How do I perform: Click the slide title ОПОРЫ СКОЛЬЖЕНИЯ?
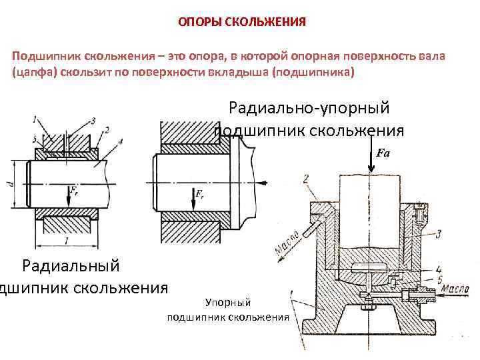241,22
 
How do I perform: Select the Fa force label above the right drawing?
383,153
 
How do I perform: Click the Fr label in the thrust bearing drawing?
199,194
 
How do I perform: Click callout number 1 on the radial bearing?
34,119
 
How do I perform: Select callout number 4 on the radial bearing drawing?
120,141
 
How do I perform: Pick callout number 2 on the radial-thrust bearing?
305,178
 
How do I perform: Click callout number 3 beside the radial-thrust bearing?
438,234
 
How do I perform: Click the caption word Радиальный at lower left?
71,266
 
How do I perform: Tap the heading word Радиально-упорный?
309,107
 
